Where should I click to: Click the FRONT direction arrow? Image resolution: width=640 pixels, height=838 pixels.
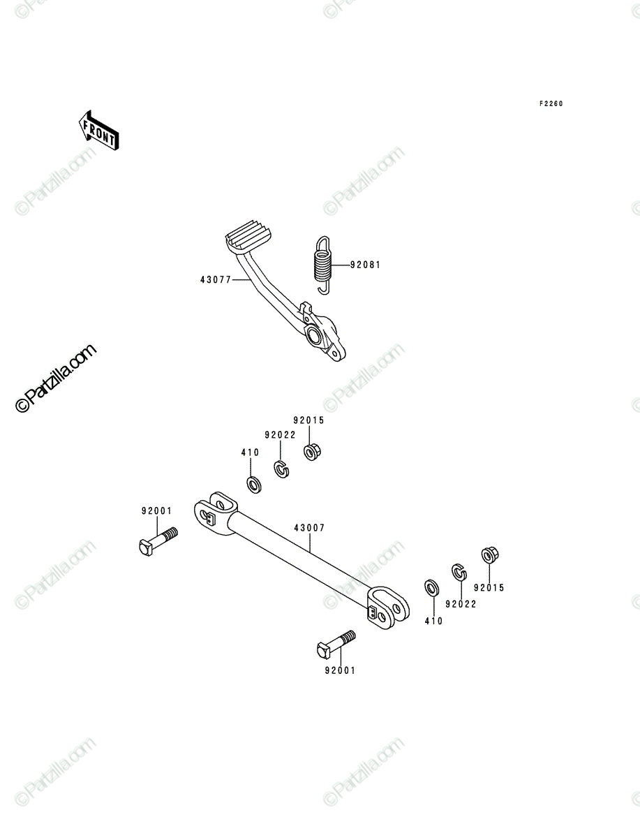[x=99, y=130]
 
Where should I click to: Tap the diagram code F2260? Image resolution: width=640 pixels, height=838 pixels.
[x=551, y=104]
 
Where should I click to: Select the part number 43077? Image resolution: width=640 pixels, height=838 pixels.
[x=216, y=280]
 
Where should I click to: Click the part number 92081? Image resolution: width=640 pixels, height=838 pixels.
[x=366, y=265]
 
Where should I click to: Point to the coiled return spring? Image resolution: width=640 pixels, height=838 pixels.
[x=323, y=265]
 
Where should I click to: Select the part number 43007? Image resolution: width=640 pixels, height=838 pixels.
[x=309, y=528]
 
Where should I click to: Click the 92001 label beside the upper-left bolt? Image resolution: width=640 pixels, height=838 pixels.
[x=156, y=510]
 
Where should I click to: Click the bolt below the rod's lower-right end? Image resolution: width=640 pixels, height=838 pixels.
[x=336, y=644]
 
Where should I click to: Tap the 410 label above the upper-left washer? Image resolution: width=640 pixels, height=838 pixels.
[x=250, y=453]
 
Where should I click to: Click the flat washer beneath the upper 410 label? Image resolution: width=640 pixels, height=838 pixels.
[x=253, y=485]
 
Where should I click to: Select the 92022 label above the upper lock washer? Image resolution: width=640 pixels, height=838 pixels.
[x=281, y=435]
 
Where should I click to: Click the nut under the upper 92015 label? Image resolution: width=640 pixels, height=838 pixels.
[x=312, y=453]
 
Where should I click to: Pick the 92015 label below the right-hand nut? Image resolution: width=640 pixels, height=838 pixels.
[x=489, y=588]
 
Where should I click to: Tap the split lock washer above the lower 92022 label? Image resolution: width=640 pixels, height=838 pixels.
[x=459, y=572]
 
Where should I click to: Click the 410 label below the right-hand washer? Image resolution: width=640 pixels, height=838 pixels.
[x=434, y=621]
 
